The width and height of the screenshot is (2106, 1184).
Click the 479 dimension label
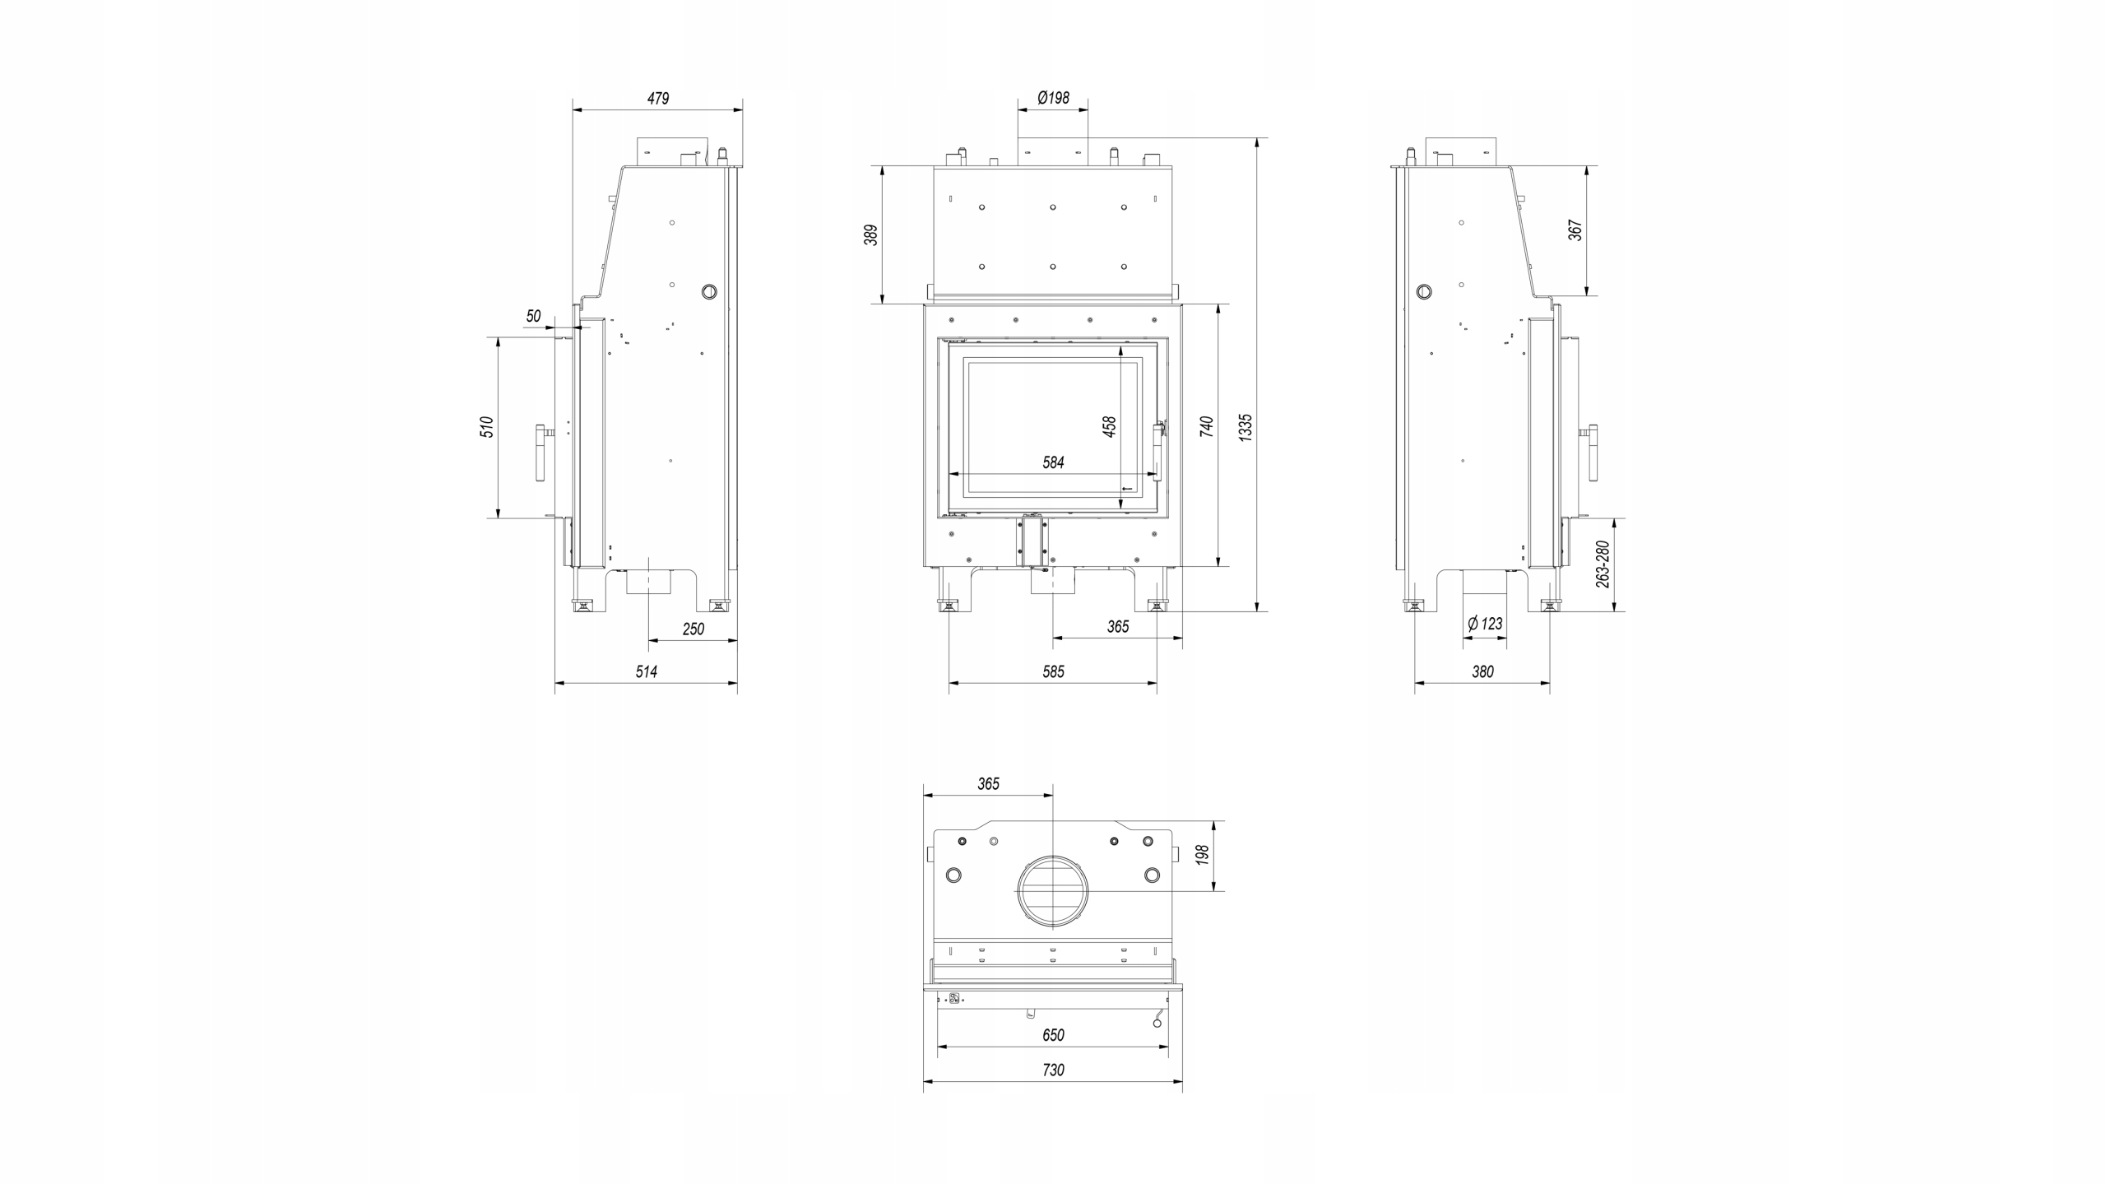point(658,99)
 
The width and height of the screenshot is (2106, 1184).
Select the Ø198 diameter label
point(1053,98)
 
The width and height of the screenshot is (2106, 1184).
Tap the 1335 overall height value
point(1246,428)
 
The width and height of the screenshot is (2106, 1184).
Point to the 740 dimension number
point(1207,426)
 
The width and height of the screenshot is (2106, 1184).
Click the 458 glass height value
point(1110,426)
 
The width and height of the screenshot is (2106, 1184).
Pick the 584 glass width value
point(1054,462)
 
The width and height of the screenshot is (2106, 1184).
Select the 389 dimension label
point(872,234)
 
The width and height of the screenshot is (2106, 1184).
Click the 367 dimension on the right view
point(1575,230)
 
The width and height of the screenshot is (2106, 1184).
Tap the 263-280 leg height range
point(1603,564)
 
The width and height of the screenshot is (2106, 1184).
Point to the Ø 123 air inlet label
point(1485,624)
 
